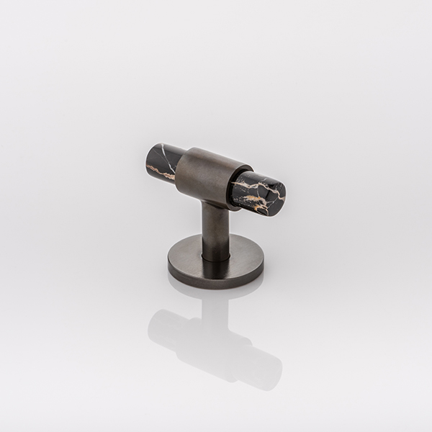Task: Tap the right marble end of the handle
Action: point(259,192)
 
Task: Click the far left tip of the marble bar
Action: point(146,158)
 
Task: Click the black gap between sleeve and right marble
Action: point(233,186)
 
